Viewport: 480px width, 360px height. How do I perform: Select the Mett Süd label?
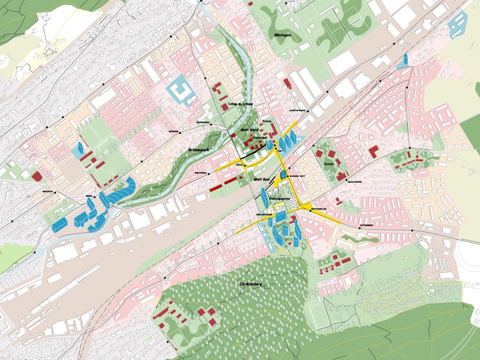coord(263,179)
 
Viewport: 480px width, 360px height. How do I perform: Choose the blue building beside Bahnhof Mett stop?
coord(283,173)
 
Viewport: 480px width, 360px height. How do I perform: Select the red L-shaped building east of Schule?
coord(373,152)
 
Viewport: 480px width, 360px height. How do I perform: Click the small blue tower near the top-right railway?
coord(405,59)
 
